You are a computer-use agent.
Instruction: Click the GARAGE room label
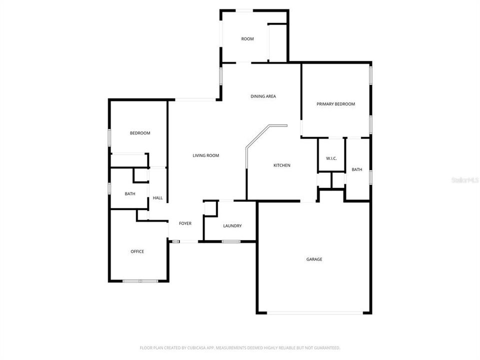tap(314, 259)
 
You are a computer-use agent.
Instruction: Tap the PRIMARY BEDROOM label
tap(335, 104)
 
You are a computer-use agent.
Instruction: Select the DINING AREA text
tap(263, 96)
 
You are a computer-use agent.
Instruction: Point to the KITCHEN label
tap(281, 165)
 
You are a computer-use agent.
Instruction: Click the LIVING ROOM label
tap(206, 155)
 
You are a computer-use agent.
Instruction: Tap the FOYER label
tap(185, 223)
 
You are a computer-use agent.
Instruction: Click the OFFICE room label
tap(137, 251)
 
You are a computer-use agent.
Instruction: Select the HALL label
tap(157, 198)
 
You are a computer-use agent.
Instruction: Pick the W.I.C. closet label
tap(331, 158)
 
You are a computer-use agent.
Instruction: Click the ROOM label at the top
tap(247, 38)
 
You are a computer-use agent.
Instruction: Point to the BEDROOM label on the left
tap(140, 133)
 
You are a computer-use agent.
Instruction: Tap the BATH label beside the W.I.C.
tap(356, 169)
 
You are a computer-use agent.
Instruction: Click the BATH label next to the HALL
tap(130, 193)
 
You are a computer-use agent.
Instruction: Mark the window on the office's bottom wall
tap(140, 281)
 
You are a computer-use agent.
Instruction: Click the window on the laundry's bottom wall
tap(230, 242)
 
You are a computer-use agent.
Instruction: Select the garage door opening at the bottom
tap(314, 313)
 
